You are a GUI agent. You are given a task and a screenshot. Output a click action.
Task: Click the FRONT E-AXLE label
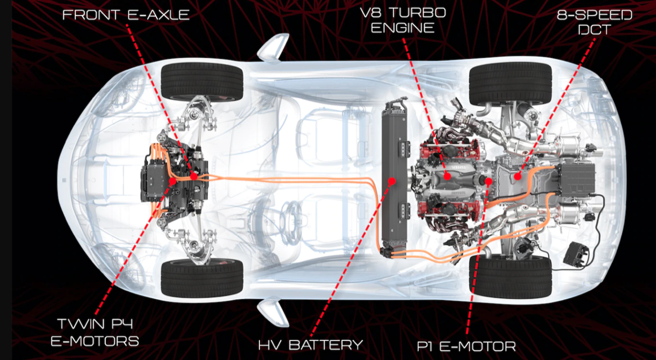pos(126,14)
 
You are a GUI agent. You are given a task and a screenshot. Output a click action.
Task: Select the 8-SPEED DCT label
pos(594,22)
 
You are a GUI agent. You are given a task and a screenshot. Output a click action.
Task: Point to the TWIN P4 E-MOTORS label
pos(95,332)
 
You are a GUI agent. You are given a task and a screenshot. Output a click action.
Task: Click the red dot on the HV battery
pos(392,181)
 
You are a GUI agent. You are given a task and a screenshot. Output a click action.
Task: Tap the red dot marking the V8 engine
pos(447,176)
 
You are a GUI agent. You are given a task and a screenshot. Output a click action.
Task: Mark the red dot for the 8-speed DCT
pos(517,177)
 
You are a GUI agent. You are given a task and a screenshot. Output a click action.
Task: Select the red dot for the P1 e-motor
pos(488,181)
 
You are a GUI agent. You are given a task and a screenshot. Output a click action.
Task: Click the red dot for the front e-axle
pos(194,176)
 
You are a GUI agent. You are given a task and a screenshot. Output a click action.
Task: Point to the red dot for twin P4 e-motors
pos(173,181)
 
